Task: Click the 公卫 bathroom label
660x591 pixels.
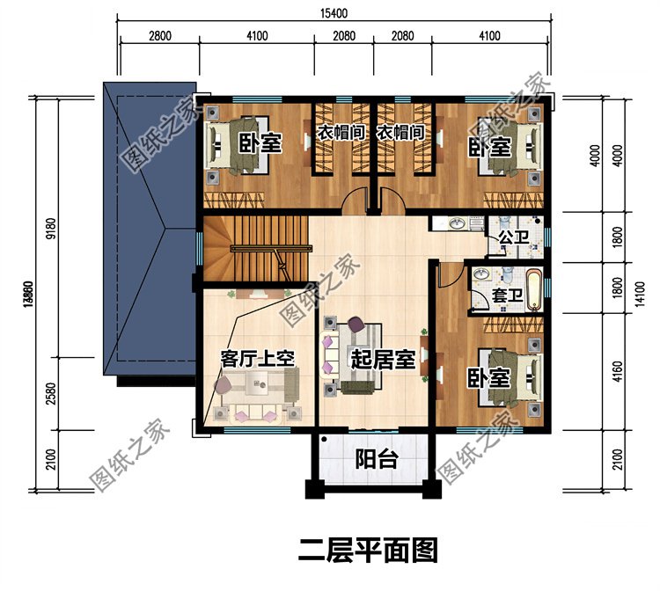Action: (x=510, y=237)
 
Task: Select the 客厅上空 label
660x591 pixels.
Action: (x=256, y=358)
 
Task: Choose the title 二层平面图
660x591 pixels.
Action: (x=368, y=551)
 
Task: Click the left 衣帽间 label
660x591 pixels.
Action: (x=341, y=134)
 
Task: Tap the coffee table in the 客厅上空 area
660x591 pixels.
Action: (x=260, y=381)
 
